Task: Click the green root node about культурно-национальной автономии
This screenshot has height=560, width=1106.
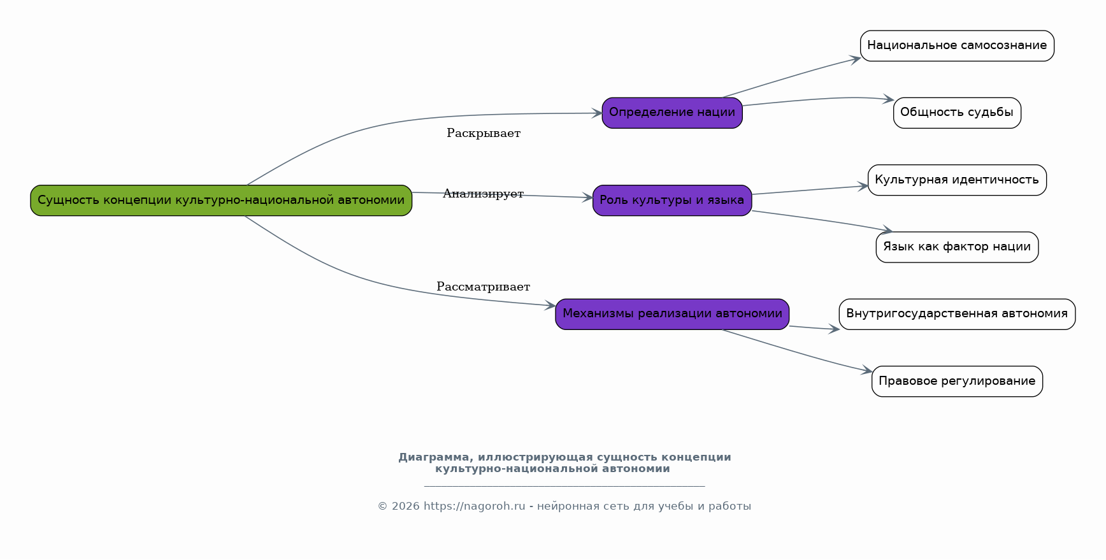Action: pos(221,201)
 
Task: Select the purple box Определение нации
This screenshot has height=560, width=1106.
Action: pos(672,113)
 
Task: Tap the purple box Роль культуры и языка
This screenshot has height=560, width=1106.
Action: pos(672,201)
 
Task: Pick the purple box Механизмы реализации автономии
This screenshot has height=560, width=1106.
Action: pos(672,314)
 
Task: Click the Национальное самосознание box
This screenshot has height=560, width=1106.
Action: pos(957,46)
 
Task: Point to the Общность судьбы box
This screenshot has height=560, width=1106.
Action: pos(957,113)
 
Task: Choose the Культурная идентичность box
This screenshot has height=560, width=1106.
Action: pos(957,180)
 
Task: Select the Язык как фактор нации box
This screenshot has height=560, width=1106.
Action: pos(957,247)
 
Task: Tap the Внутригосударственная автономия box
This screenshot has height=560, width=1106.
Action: pos(957,314)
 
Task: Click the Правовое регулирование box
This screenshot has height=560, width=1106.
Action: pos(957,382)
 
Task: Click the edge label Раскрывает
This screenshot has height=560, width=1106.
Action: pos(484,133)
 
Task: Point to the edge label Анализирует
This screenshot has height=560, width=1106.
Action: pos(484,194)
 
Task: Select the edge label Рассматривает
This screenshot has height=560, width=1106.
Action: pos(484,287)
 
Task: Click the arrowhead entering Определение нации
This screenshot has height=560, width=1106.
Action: pos(597,113)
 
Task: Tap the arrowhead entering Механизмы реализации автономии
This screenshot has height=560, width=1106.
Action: pos(550,306)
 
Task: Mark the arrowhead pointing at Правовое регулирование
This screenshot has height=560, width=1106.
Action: pos(866,370)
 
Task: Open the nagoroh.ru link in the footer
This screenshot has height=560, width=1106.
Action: pos(475,506)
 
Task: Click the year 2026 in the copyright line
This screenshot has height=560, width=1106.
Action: pos(406,506)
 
